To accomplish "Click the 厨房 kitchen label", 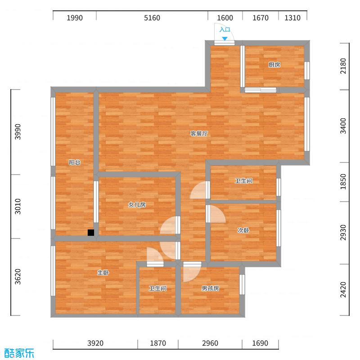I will (274, 65).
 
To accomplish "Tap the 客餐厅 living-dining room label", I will (198, 134).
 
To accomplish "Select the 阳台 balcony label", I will (75, 162).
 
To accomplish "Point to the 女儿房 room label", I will (137, 205).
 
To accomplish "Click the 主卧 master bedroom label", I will (103, 273).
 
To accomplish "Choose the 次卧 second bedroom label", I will (243, 230).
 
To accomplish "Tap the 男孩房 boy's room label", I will (210, 288).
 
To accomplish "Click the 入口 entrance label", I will (225, 30).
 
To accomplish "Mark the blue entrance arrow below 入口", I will (225, 39).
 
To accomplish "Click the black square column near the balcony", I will (91, 233).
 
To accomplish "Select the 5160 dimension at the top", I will (152, 18).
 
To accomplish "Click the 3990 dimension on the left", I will (18, 132).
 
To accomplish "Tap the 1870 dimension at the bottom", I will (157, 343).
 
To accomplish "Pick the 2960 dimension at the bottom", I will (210, 343).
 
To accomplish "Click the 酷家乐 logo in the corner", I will (19, 353).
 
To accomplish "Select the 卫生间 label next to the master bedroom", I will (158, 288).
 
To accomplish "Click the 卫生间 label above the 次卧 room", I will (243, 181).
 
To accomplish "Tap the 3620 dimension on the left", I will (18, 277).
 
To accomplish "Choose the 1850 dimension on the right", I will (344, 182).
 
